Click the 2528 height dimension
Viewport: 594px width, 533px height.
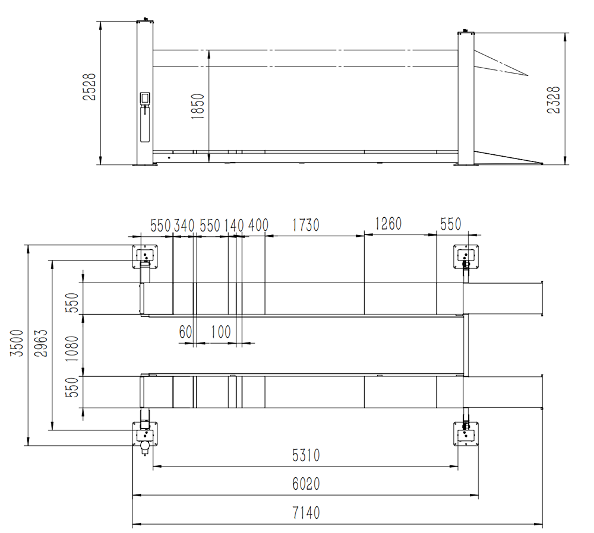90,87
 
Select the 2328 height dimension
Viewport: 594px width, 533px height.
554,100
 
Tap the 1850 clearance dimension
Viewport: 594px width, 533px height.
198,107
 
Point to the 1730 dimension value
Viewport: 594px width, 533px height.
306,225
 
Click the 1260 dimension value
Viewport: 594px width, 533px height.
388,224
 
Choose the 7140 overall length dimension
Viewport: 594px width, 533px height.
306,513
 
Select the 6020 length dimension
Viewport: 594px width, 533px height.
306,484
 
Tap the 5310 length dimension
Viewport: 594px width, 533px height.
306,455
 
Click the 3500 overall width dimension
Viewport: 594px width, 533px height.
17,343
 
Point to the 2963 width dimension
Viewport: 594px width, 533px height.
41,343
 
